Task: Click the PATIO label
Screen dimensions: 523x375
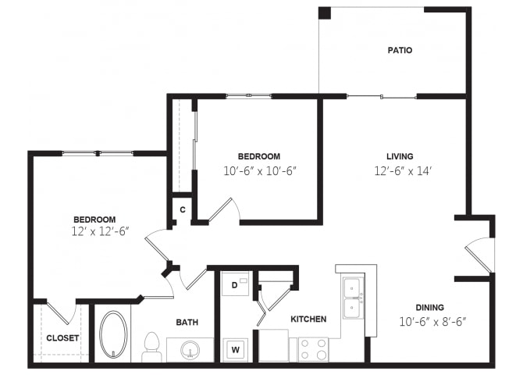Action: click(400, 50)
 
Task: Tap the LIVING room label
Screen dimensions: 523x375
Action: click(400, 156)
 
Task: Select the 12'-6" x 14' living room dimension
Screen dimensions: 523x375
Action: click(403, 171)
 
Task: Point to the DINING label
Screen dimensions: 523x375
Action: click(429, 307)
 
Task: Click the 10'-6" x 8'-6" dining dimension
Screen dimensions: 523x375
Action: click(432, 322)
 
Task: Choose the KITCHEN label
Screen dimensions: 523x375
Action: click(308, 320)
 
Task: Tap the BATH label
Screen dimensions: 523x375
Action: click(187, 322)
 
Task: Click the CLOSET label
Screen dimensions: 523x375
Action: click(62, 338)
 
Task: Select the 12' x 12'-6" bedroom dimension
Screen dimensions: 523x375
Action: click(100, 231)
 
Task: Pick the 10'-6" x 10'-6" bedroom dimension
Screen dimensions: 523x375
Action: click(260, 171)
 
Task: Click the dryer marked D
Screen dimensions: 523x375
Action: click(235, 284)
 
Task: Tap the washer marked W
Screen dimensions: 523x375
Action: click(236, 350)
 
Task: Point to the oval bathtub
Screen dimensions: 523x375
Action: click(113, 334)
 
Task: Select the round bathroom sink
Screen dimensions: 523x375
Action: click(190, 350)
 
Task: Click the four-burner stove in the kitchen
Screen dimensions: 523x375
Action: click(313, 349)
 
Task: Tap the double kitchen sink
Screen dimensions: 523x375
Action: click(353, 298)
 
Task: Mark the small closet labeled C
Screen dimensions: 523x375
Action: click(182, 209)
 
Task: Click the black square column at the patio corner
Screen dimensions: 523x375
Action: click(325, 13)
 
